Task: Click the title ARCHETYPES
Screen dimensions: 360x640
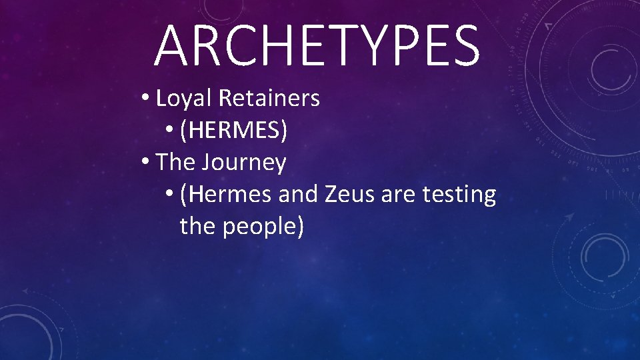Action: pos(317,45)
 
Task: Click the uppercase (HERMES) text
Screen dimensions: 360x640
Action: pos(234,131)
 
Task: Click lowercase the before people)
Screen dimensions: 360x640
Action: pos(198,227)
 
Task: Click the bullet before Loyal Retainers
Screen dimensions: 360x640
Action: pos(145,99)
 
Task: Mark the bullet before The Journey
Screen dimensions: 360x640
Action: pos(145,163)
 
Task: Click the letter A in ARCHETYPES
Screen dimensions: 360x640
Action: pos(172,45)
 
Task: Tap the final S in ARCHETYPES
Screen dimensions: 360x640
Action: pos(464,45)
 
